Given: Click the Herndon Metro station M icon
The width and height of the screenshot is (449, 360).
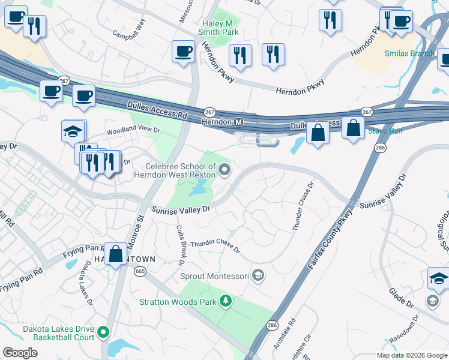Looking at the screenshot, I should click(239, 122).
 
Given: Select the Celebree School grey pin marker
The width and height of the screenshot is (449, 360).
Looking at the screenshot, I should click(224, 170).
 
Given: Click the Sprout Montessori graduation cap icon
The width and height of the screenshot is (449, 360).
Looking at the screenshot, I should click(258, 275).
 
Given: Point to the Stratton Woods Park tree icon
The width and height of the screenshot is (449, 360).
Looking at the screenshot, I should click(225, 300).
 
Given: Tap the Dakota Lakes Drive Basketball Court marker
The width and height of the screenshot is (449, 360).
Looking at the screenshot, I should click(104, 331).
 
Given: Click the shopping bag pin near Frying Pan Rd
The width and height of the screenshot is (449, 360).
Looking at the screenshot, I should click(115, 254).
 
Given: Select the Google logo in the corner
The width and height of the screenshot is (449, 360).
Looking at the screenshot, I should click(20, 353).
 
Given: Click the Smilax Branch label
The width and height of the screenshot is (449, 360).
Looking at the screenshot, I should click(409, 53).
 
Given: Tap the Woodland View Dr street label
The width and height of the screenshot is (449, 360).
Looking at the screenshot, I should click(133, 130).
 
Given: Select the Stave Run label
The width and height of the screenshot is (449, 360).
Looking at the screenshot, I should click(385, 130).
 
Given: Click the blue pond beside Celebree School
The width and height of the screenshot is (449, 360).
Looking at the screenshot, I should click(196, 191).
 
